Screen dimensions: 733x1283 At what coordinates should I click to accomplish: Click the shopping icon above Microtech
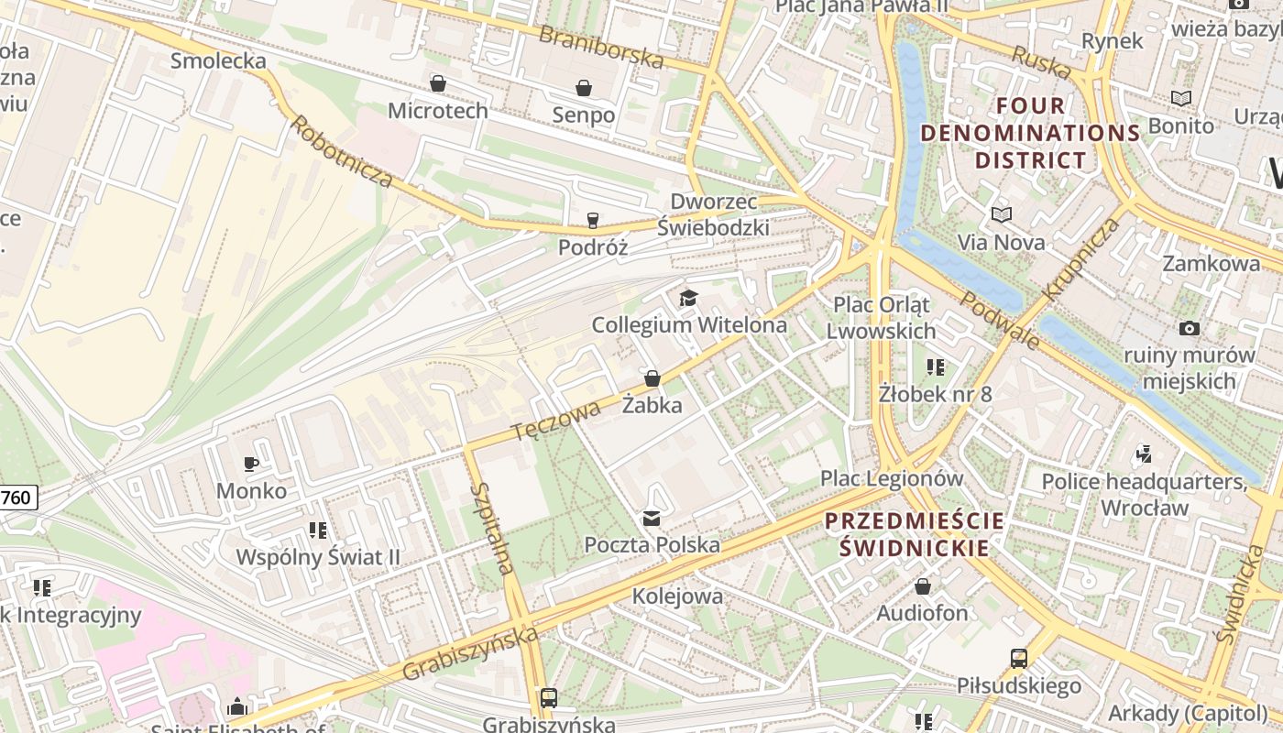coord(438,83)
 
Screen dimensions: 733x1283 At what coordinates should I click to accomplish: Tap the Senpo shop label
coord(584,115)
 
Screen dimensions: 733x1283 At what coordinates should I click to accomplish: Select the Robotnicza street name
coord(342,152)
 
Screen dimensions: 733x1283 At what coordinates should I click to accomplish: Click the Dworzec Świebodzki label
coord(714,214)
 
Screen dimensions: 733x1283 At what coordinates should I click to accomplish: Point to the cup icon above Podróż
coord(593,220)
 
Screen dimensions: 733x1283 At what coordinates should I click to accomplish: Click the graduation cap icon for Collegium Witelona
coord(688,298)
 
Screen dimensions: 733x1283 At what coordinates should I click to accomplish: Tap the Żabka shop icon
coord(652,377)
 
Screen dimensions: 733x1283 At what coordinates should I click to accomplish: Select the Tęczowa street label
coord(556,420)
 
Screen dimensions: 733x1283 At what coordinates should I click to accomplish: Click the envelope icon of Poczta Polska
coord(652,519)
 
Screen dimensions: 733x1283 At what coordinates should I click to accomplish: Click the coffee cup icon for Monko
coord(251,464)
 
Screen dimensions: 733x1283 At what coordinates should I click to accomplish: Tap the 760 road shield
coord(16,498)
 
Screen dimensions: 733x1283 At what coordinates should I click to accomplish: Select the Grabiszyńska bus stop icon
coord(548,698)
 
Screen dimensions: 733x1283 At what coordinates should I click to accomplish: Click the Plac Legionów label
coord(892,478)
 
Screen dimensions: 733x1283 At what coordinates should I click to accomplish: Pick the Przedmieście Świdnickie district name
coord(914,534)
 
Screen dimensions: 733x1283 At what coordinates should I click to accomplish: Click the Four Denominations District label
coord(1030,133)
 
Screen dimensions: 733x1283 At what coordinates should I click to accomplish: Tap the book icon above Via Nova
coord(1001,214)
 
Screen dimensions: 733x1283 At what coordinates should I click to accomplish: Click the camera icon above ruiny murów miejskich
coord(1190,328)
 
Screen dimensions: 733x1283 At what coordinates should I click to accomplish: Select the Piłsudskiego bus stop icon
coord(1019,658)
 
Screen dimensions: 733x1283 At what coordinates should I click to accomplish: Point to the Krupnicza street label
coord(1081,258)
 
